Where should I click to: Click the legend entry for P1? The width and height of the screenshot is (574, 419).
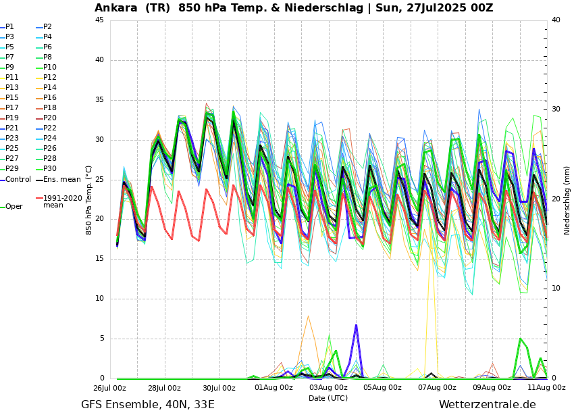click(9, 27)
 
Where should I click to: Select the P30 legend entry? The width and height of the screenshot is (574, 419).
click(50, 168)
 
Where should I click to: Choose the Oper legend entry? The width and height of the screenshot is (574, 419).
click(14, 207)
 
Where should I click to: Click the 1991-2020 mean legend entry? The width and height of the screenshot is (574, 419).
click(62, 201)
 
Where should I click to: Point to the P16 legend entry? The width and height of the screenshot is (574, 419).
click(50, 97)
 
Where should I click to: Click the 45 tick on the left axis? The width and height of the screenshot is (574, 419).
click(99, 20)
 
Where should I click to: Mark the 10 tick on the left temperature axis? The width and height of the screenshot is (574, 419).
click(99, 299)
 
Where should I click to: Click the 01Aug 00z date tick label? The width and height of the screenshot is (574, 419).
click(274, 388)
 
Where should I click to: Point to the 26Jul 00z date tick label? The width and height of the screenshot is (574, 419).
click(110, 388)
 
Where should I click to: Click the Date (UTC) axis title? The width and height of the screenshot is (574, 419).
click(328, 398)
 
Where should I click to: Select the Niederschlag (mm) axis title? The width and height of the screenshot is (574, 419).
click(567, 200)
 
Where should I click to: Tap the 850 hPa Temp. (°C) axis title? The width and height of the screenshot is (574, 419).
click(89, 200)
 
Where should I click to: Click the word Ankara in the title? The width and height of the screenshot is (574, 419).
click(116, 8)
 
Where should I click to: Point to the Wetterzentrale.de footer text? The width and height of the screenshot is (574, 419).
click(487, 405)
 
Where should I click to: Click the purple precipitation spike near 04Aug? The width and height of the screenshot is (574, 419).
click(356, 327)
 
